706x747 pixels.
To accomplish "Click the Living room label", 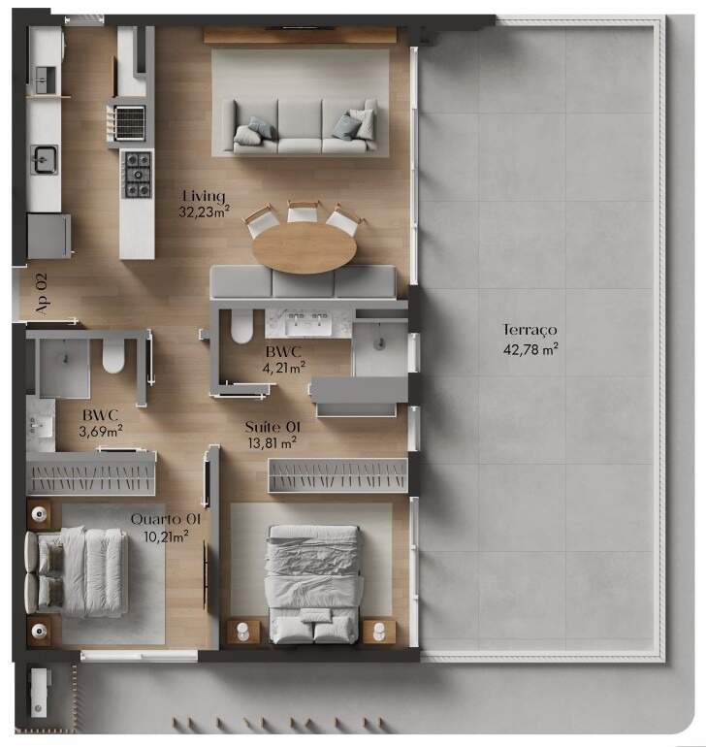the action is coord(204,196).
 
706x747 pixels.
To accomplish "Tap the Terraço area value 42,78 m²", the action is coord(530,349).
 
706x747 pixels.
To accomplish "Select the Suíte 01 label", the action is coord(273,427).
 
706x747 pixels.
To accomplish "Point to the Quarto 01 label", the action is coord(165,519).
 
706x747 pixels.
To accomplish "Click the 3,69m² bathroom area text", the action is coord(101,431).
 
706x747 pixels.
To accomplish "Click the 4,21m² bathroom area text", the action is coord(284,368).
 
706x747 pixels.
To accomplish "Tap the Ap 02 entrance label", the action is coord(42,294).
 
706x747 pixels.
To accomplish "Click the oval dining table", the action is coord(304,247).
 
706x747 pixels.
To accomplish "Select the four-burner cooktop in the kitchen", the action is coord(138,175).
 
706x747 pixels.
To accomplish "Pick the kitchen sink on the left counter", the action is coord(46,159).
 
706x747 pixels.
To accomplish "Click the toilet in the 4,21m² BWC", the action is coord(241,326).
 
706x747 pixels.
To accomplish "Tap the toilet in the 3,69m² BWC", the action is coord(113,357).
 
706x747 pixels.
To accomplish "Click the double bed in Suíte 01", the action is coord(313,585).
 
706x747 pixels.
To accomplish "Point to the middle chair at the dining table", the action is coord(303,212).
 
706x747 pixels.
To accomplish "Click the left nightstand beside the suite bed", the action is coord(243,632).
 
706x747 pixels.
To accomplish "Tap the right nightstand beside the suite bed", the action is coord(379,632).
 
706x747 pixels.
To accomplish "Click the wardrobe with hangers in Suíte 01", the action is coord(338,475).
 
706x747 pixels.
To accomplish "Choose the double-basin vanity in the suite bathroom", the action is coord(309,323).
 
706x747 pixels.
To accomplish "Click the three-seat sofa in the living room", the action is coord(305,127).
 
